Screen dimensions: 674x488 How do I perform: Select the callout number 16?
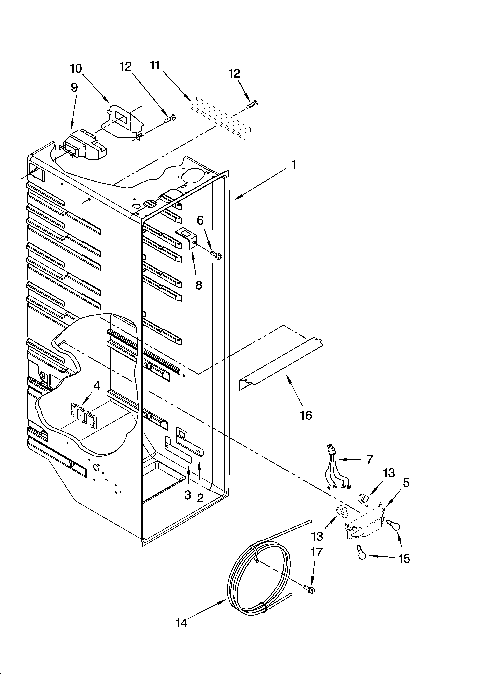coord(306,415)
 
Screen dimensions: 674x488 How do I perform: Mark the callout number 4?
coord(97,386)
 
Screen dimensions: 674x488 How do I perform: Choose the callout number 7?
coord(369,459)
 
